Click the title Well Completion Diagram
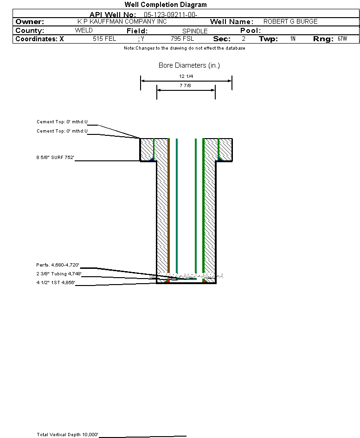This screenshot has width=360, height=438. coord(166,5)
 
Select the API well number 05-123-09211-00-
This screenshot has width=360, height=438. coord(171,15)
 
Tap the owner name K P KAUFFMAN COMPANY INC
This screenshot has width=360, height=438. coord(122,21)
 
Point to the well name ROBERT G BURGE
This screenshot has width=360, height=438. coord(290,21)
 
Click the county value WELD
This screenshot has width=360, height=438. coord(84,31)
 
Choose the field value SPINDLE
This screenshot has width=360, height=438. coord(195,31)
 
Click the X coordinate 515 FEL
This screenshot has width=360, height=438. coord(104,39)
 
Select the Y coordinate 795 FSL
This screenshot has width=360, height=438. coord(182,39)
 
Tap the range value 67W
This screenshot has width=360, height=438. coord(342,39)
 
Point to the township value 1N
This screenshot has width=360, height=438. coord(293,39)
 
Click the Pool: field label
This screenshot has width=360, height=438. coord(251,31)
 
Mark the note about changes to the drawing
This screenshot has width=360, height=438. coord(185,48)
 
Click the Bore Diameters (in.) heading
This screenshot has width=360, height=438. coord(189,65)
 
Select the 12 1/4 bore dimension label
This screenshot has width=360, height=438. coord(186,76)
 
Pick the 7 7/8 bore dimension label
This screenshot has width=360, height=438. coord(185,85)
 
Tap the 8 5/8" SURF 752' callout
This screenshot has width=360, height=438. coord(55,158)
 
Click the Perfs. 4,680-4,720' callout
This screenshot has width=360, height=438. coord(58,265)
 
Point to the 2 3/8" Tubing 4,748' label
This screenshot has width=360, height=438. coord(59,274)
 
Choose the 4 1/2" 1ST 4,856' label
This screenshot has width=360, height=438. coord(56,282)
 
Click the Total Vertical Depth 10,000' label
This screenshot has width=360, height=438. coord(67,435)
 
